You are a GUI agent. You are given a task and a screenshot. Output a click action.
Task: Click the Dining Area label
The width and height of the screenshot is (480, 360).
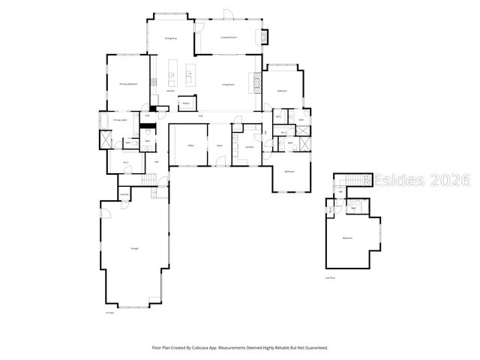point(171,37)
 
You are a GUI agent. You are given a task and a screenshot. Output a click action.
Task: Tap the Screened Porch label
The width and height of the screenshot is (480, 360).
point(228,37)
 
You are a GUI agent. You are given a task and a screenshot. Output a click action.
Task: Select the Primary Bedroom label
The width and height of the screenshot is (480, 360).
point(128,84)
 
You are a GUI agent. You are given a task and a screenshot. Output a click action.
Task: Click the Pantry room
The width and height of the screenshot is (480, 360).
point(185,103)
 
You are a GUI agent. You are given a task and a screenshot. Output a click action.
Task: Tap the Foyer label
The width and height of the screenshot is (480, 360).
point(220,145)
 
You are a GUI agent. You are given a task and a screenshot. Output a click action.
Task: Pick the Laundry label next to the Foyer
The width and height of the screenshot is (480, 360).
point(249,146)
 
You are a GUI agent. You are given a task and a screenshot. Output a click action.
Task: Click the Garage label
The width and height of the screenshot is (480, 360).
point(135,248)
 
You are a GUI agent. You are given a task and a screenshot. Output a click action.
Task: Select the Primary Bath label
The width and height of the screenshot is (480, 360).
point(119,120)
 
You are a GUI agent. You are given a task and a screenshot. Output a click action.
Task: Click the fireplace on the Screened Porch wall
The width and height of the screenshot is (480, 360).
point(262,37)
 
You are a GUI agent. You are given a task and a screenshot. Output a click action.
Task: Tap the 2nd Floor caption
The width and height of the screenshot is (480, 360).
point(330,277)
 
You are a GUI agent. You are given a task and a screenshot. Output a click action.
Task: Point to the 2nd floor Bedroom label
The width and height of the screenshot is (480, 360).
point(347,238)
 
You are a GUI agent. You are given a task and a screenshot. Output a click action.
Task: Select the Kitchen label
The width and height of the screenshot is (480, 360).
point(170,91)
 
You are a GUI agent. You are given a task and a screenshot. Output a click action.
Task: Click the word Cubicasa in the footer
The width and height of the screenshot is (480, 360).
point(216,348)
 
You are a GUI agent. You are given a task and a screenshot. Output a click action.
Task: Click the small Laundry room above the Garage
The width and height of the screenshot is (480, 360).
point(124,194)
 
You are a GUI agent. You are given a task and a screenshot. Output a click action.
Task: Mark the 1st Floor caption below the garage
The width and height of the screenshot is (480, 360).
point(109,313)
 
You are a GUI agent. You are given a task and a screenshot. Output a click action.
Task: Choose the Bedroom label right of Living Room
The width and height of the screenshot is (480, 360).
point(283,91)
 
